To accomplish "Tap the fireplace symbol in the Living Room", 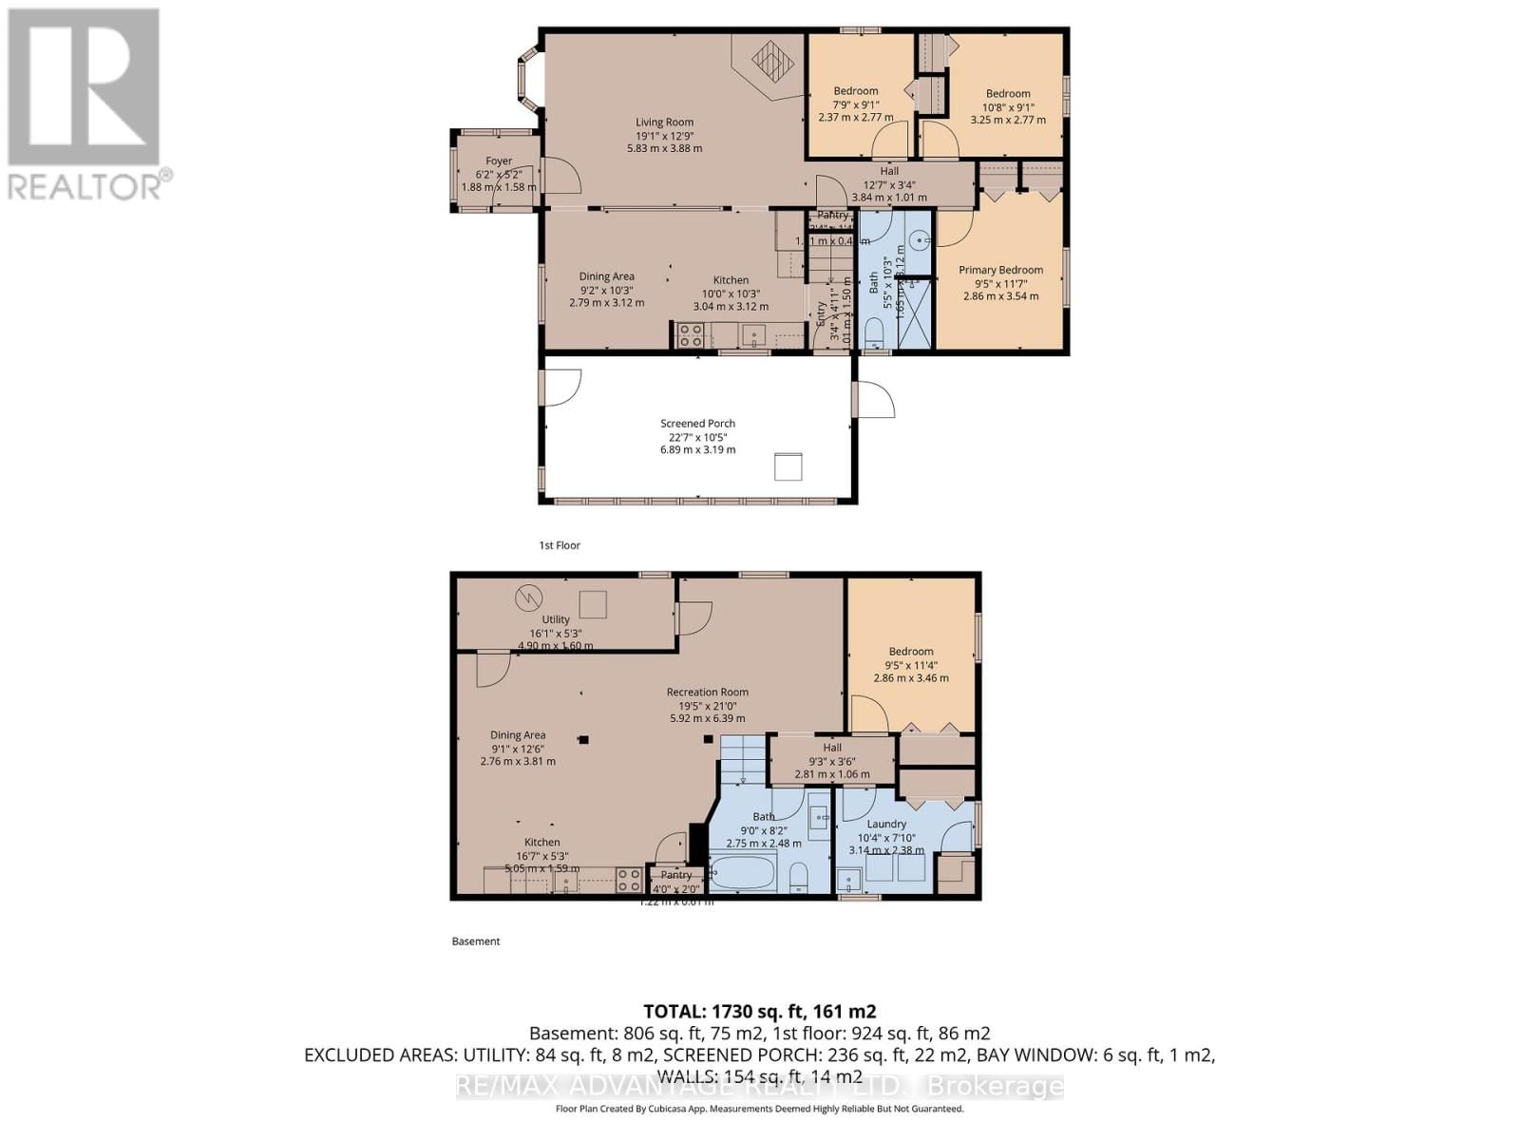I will [772, 62].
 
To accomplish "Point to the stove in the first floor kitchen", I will [691, 334].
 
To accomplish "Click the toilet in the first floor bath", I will [876, 333].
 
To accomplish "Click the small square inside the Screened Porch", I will [788, 466].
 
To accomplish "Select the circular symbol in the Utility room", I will [526, 598].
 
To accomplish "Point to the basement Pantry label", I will [676, 875].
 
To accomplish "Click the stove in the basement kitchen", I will [628, 880].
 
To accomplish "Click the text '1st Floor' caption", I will [559, 545].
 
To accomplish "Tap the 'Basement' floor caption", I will [475, 941].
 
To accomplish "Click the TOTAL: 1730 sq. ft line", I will [759, 1012].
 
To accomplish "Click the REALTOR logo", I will [85, 104].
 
